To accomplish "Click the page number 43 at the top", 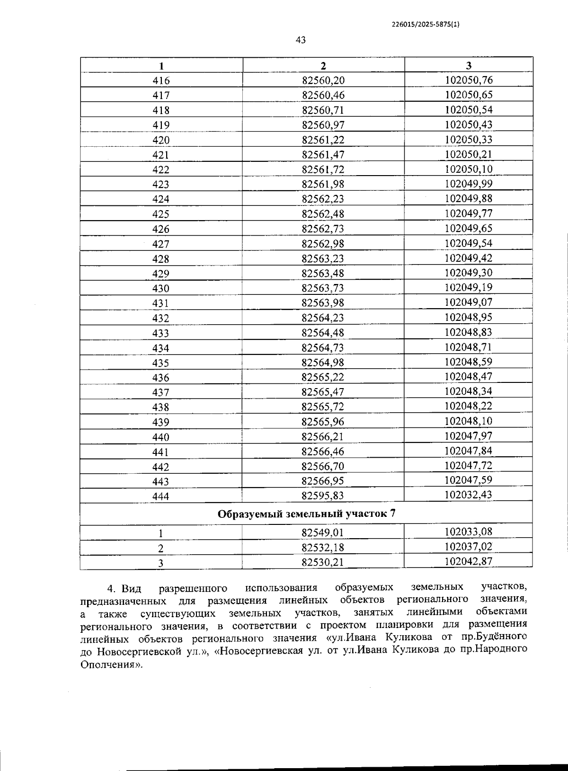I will pos(301,40).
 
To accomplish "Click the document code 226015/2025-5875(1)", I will pos(426,25).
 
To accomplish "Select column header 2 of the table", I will pos(323,66).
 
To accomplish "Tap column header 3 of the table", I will pos(469,65).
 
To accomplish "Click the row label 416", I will pos(161,81).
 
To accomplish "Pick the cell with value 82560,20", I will pos(323,80).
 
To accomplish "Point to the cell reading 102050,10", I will pos(469,169).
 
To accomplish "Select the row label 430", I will pos(161,289).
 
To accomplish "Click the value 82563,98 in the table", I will pos(323,303).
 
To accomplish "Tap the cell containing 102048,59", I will pos(469,362).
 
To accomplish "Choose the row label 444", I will pos(161,496).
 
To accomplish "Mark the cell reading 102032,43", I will pos(469,495).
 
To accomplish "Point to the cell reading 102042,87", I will pos(469,561).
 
